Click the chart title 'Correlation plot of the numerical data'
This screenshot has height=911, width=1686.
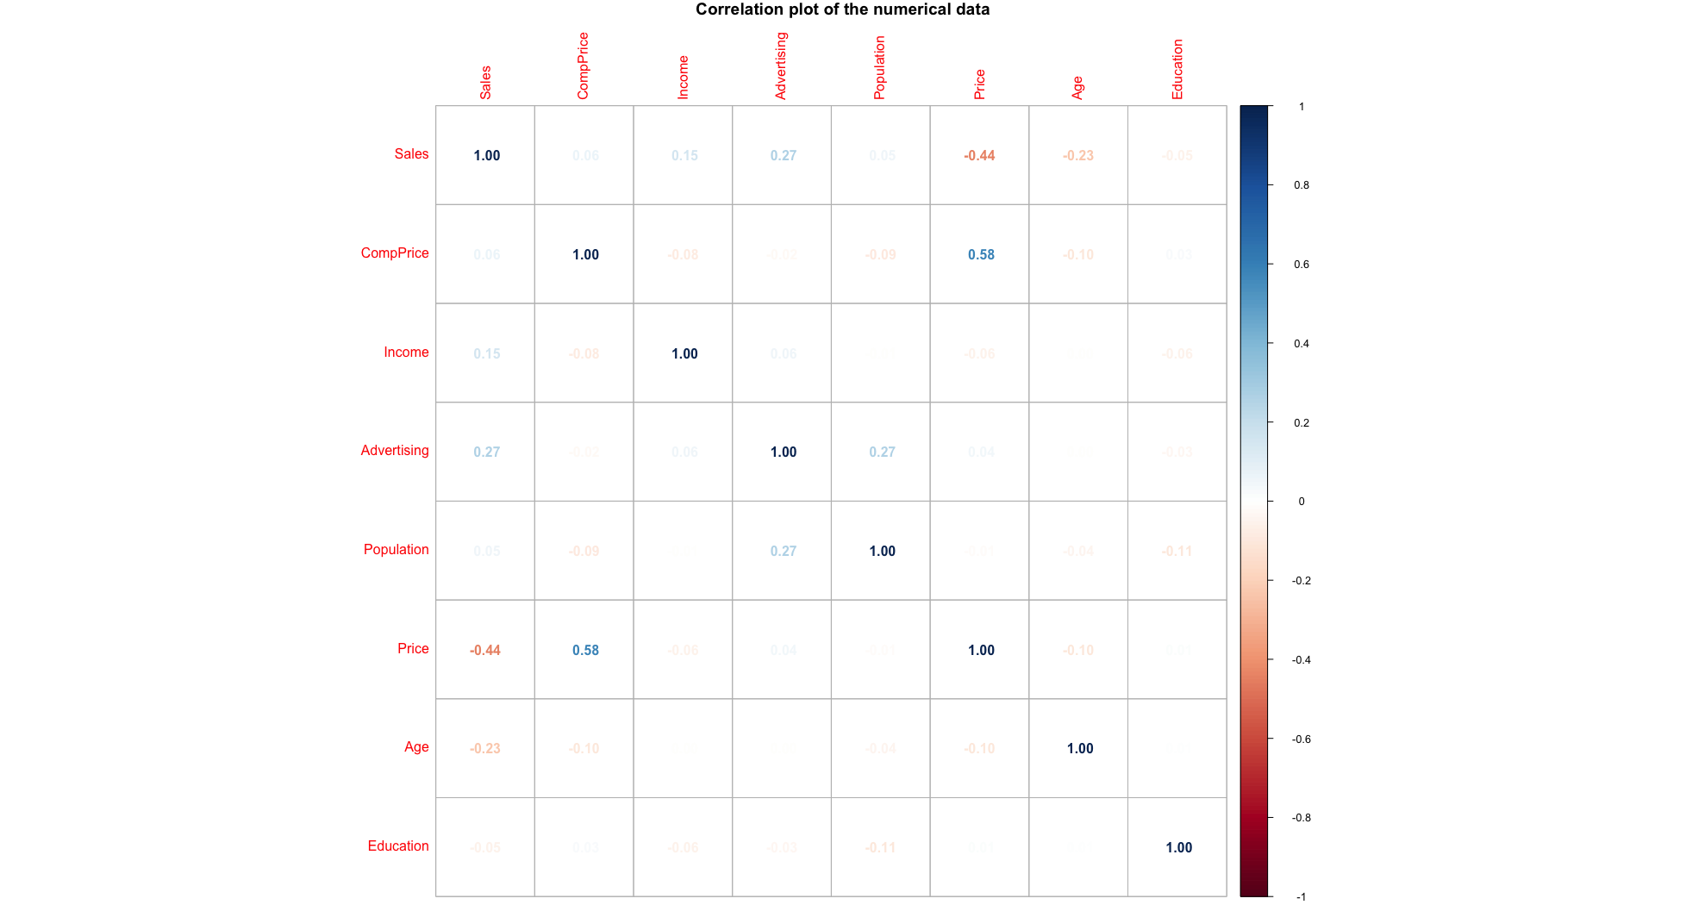pyautogui.click(x=842, y=9)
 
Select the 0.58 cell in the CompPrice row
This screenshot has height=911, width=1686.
pyautogui.click(x=980, y=254)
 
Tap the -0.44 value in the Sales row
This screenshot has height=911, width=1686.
pyautogui.click(x=979, y=156)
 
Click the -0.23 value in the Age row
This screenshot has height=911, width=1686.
pyautogui.click(x=485, y=748)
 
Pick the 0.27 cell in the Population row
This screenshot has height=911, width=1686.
pyautogui.click(x=783, y=551)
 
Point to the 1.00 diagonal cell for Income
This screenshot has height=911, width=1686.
pyautogui.click(x=684, y=353)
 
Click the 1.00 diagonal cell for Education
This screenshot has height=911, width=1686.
pyautogui.click(x=1178, y=847)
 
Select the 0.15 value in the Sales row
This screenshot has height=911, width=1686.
pyautogui.click(x=684, y=156)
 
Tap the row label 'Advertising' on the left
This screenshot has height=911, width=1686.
pyautogui.click(x=394, y=451)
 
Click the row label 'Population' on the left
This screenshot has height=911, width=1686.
pyautogui.click(x=396, y=550)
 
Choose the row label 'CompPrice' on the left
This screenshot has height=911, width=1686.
pyautogui.click(x=394, y=253)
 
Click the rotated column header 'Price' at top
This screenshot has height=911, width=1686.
pyautogui.click(x=979, y=84)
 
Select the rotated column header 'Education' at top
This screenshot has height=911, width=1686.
pyautogui.click(x=1177, y=69)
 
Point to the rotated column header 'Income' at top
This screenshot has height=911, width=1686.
pyautogui.click(x=683, y=77)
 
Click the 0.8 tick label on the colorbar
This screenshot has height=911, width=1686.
pyautogui.click(x=1301, y=185)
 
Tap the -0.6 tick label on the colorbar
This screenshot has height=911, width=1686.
pyautogui.click(x=1301, y=739)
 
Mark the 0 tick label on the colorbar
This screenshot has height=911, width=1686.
pyautogui.click(x=1301, y=502)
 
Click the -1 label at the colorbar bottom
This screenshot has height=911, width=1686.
pyautogui.click(x=1301, y=897)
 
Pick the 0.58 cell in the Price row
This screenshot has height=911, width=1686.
pyautogui.click(x=585, y=650)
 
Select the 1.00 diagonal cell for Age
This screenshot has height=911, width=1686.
pyautogui.click(x=1079, y=748)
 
